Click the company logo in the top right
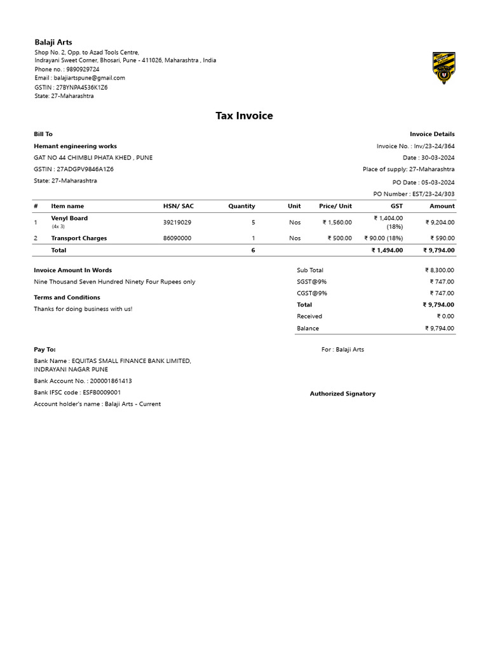[x=444, y=69]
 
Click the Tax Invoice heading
[x=244, y=116]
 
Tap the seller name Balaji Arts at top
[x=53, y=42]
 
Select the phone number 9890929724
[x=81, y=69]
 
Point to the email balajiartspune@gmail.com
[x=89, y=78]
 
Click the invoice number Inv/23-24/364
[x=434, y=146]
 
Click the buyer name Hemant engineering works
[x=75, y=146]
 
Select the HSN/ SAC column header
[x=178, y=206]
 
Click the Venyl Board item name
[x=69, y=218]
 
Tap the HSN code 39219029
[x=177, y=223]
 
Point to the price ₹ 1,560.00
[x=337, y=223]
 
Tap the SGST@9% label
[x=311, y=282]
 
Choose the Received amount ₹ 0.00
[x=445, y=317]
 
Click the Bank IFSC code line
[x=77, y=393]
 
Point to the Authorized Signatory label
[x=342, y=394]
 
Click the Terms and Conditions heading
[x=67, y=298]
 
